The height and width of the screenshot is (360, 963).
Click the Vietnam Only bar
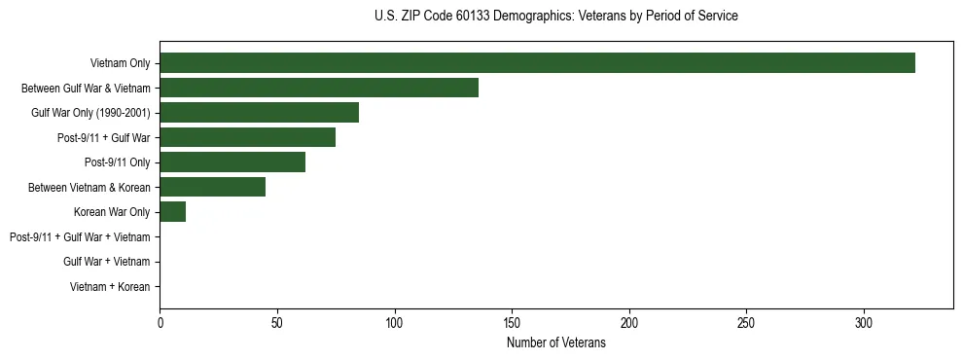click(x=537, y=63)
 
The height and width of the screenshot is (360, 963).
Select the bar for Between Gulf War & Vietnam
click(x=319, y=88)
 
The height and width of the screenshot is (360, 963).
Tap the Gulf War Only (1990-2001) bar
click(x=259, y=113)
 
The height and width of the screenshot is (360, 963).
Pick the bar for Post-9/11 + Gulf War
click(x=247, y=137)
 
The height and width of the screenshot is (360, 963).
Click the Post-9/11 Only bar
click(x=232, y=162)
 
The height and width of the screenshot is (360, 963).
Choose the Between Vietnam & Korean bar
click(x=212, y=187)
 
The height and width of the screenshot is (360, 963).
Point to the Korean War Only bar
click(x=173, y=212)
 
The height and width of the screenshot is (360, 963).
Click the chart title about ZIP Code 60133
click(x=555, y=17)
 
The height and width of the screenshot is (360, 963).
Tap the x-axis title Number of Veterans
click(x=555, y=343)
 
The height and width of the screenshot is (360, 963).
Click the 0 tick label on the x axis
click(x=160, y=321)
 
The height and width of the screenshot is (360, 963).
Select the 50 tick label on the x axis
click(x=277, y=321)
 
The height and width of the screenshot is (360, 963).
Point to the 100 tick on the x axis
click(x=395, y=321)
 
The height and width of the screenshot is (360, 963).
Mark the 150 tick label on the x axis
click(x=512, y=321)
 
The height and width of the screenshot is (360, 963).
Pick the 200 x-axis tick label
click(x=629, y=321)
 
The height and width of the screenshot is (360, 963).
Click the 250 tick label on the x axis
click(x=746, y=321)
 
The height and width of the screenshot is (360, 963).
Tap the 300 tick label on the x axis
click(x=864, y=321)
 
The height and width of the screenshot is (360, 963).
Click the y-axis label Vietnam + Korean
click(x=110, y=287)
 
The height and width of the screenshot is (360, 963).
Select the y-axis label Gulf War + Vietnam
click(x=106, y=262)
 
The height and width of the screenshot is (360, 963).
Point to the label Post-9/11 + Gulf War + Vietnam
click(x=80, y=237)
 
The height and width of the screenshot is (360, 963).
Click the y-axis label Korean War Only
click(x=112, y=212)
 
